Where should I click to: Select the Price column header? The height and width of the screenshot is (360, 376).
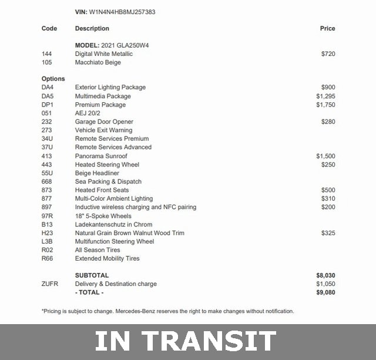[x=327, y=28]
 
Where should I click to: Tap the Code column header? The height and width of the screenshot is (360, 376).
[x=49, y=28]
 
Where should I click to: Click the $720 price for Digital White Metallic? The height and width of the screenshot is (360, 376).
[x=328, y=54]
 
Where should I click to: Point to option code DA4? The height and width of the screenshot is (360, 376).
[x=48, y=88]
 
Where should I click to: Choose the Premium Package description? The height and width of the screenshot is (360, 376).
[x=100, y=105]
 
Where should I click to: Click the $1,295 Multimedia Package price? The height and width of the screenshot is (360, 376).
[x=325, y=96]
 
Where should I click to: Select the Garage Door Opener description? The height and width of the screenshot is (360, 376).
[x=104, y=122]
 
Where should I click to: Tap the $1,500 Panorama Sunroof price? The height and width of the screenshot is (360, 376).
[x=325, y=156]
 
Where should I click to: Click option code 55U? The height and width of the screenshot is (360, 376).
[x=48, y=173]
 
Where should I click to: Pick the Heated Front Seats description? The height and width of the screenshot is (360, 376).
[x=102, y=190]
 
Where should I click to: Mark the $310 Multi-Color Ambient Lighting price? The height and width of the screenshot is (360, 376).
[x=328, y=199]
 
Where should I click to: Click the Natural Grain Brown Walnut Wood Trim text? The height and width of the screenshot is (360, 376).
[x=129, y=233]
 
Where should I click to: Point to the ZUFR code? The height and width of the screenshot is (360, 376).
[x=50, y=284]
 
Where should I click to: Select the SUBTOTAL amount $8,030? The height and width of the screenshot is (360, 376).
[x=325, y=275]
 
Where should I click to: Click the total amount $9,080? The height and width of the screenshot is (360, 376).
[x=325, y=292]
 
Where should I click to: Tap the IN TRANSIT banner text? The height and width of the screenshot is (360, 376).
[x=186, y=342]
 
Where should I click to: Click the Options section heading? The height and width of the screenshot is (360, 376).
[x=53, y=79]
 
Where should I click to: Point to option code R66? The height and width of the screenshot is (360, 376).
[x=48, y=258]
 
